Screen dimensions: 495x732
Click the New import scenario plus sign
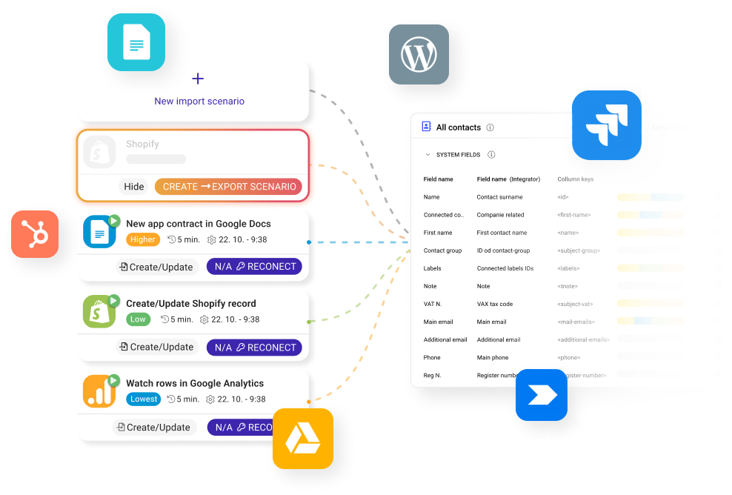(x=198, y=79)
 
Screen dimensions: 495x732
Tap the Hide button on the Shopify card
(x=134, y=187)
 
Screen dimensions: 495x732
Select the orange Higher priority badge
(x=143, y=239)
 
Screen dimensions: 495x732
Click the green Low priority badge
(x=138, y=319)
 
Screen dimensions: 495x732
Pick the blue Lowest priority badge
(x=144, y=399)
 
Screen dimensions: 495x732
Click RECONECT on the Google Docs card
(x=255, y=267)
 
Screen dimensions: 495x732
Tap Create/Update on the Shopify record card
(x=156, y=347)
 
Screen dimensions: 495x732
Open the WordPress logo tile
(x=419, y=54)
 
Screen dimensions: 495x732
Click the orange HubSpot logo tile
(x=35, y=234)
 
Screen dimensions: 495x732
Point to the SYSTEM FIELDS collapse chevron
(x=427, y=155)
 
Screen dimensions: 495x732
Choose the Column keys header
(x=575, y=179)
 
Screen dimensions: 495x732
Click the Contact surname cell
(x=499, y=197)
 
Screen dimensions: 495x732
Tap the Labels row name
(x=432, y=268)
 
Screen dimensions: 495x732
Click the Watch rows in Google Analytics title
(x=194, y=383)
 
